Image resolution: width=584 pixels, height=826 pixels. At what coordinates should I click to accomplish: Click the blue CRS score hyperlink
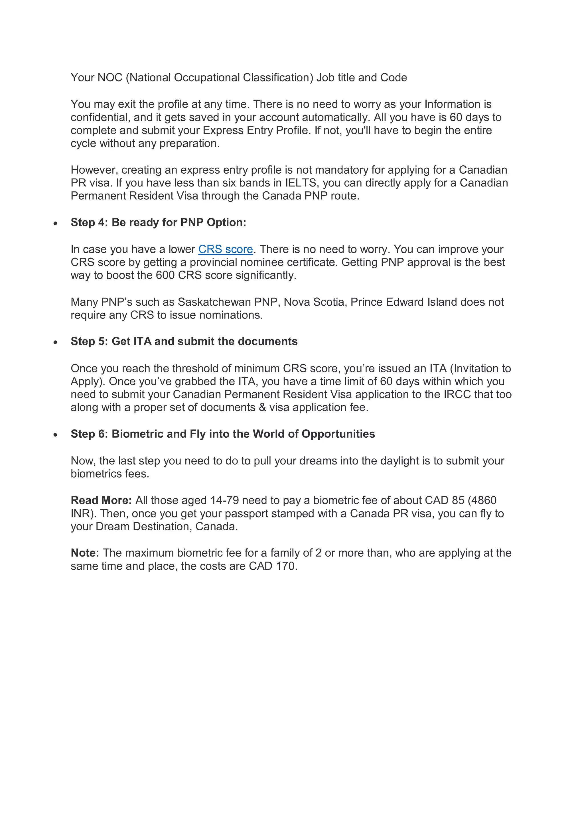tap(226, 249)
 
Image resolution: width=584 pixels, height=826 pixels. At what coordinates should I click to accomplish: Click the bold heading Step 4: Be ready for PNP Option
tap(158, 222)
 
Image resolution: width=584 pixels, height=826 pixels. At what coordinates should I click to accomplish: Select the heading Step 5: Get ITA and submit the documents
tap(184, 341)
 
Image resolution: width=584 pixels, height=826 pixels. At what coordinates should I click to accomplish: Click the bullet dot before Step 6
tap(55, 435)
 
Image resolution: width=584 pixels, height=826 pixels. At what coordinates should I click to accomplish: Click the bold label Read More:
tap(101, 500)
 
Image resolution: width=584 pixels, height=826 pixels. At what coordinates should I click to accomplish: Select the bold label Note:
tap(85, 553)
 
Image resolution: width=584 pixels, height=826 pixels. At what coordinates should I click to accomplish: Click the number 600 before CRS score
tap(165, 275)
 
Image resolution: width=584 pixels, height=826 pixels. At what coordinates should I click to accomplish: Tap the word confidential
tap(100, 117)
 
